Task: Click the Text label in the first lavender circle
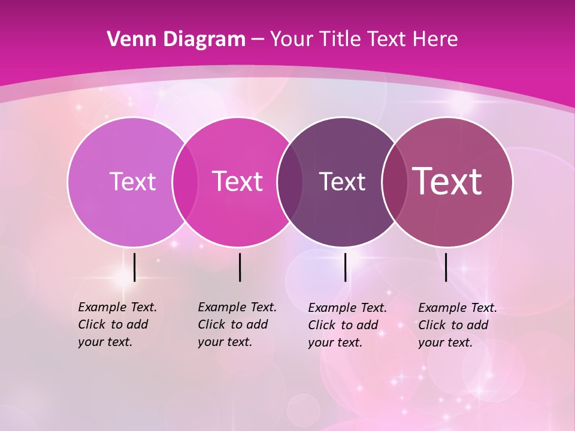coord(132,181)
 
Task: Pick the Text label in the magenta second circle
coord(237,181)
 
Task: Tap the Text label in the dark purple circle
coord(342,181)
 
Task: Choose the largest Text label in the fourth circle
coord(447,181)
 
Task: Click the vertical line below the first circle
coord(134,267)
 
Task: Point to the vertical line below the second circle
coord(240,267)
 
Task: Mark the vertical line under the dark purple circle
coord(345,267)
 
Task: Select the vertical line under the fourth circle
coord(446,267)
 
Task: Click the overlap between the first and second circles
coord(185,181)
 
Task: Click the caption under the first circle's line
coord(117,324)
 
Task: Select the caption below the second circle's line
coord(237,324)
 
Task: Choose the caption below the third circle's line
coord(347,325)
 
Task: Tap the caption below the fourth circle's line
coord(458,325)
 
